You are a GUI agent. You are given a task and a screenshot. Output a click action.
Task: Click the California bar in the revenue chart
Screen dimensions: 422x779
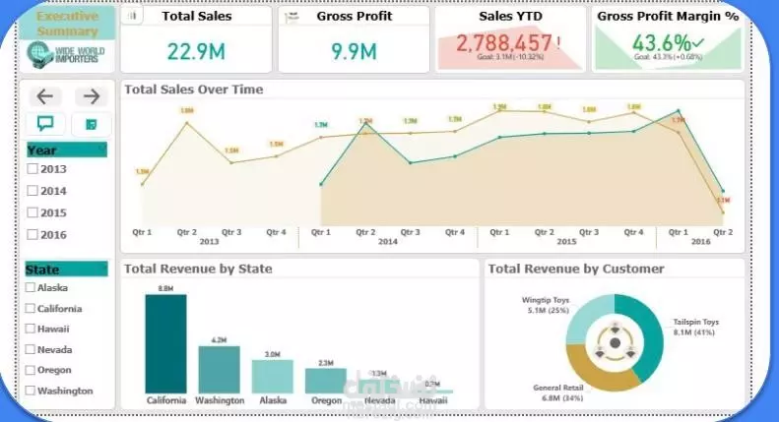[165, 344]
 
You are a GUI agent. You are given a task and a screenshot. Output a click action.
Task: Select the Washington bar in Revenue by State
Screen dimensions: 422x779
[219, 370]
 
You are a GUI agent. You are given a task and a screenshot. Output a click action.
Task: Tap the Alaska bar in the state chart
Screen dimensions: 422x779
[272, 377]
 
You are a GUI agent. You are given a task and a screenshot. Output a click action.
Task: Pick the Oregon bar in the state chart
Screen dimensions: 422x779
[325, 381]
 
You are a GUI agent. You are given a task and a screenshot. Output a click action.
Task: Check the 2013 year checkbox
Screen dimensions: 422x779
[32, 169]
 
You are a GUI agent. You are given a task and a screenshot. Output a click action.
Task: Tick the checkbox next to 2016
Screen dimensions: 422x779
[32, 234]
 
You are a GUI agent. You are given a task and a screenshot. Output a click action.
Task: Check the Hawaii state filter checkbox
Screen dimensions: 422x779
[32, 329]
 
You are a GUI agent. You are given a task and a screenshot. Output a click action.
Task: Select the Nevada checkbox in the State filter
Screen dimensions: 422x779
[32, 349]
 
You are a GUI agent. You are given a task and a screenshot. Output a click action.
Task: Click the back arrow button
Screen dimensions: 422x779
[46, 96]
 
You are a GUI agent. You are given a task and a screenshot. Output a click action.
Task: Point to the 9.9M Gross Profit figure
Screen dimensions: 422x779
[354, 50]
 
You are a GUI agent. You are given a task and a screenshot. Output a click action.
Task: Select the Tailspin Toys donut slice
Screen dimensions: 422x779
[646, 334]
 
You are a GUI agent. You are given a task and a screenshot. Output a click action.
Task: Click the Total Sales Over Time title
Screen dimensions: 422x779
[193, 90]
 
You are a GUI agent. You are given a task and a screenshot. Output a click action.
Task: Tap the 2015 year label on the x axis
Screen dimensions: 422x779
[565, 242]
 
